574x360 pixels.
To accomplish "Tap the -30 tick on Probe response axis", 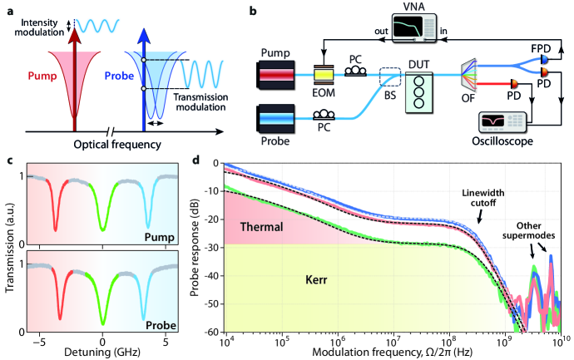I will pos(207,247).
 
